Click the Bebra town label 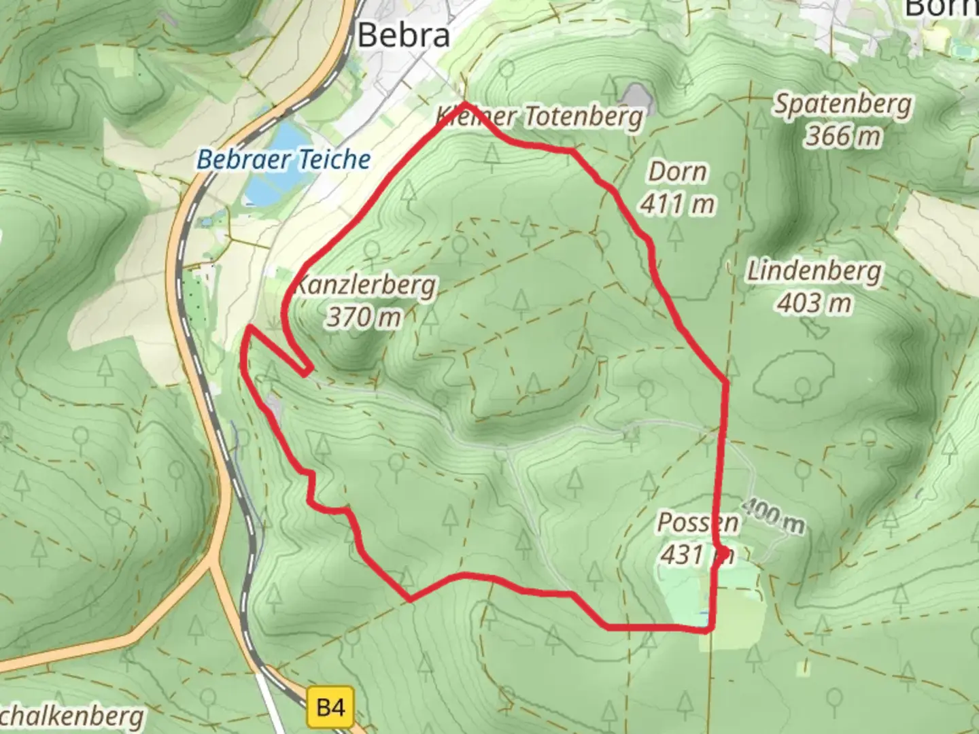pos(404,35)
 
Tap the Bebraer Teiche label pos(284,160)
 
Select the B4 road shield pos(330,707)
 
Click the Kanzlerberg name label pos(366,284)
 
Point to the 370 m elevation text pos(364,317)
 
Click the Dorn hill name pos(677,171)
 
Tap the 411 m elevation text pos(677,203)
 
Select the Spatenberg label pos(843,104)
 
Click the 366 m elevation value pos(843,136)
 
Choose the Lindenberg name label pos(814,271)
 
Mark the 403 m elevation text pos(814,303)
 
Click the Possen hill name pos(698,523)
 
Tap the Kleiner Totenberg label pos(539,117)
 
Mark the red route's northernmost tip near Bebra pos(465,104)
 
